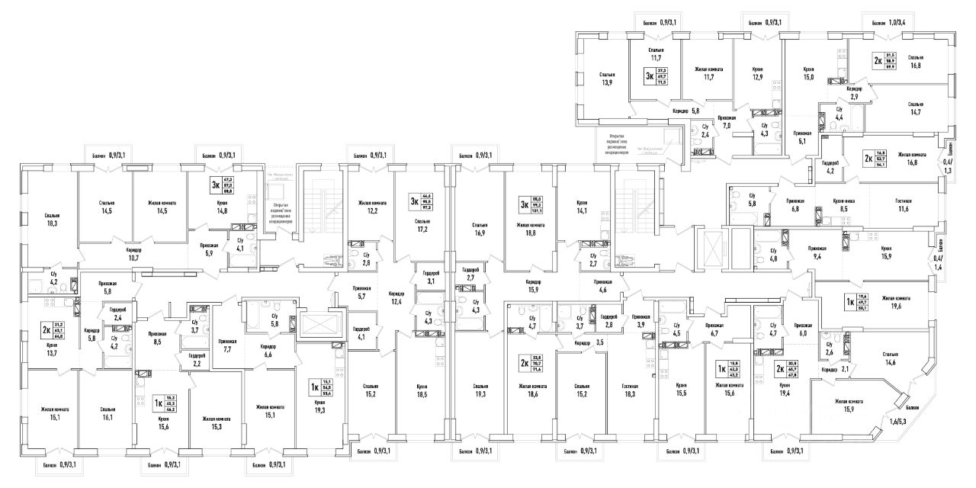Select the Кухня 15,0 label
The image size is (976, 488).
coord(809,73)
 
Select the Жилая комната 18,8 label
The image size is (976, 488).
coord(530,230)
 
